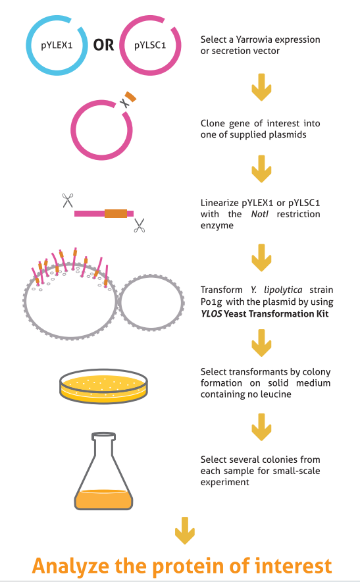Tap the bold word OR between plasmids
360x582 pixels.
(x=103, y=45)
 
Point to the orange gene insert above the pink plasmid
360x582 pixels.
(x=130, y=97)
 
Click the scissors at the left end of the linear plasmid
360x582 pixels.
(x=68, y=200)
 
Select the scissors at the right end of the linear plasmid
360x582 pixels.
(x=140, y=225)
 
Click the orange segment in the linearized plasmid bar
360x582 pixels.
(x=116, y=213)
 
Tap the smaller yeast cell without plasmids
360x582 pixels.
(x=151, y=303)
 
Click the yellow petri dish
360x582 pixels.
(x=103, y=386)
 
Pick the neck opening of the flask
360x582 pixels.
(x=104, y=436)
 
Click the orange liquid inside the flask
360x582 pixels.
(x=103, y=499)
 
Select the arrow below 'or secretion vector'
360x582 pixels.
(x=262, y=87)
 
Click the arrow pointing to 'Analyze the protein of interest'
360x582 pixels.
(x=185, y=531)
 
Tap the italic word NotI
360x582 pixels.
(x=259, y=214)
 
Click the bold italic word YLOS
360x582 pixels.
(x=211, y=314)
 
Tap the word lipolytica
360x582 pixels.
(x=283, y=290)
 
